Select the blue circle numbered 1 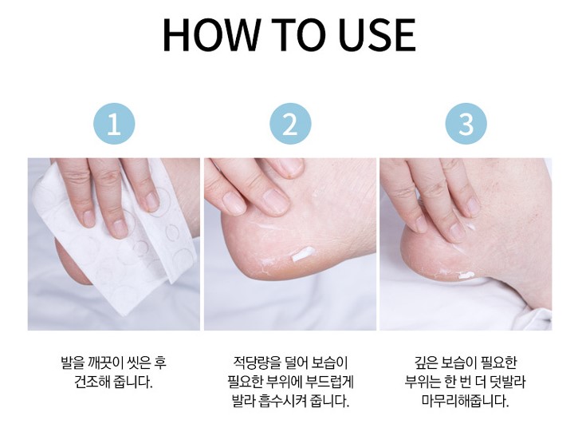113,124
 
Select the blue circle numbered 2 290,124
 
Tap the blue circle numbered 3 466,124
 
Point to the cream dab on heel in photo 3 466,276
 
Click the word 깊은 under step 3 426,363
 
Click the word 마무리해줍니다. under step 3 466,402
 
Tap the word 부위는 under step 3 423,383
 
